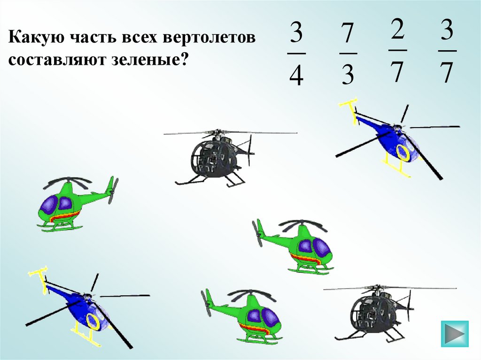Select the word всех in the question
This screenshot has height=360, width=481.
tap(139, 38)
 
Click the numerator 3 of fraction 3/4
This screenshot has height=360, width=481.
tap(296, 32)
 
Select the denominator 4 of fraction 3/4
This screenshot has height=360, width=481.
tap(296, 75)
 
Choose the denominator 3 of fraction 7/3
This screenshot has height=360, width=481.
tap(348, 74)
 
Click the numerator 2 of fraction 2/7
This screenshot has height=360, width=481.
tap(397, 29)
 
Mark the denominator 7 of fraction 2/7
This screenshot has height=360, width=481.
tap(397, 72)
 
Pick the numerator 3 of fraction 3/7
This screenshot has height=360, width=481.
tap(447, 30)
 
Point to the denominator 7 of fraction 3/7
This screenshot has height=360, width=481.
tap(447, 72)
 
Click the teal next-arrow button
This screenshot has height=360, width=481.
tap(455, 334)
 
